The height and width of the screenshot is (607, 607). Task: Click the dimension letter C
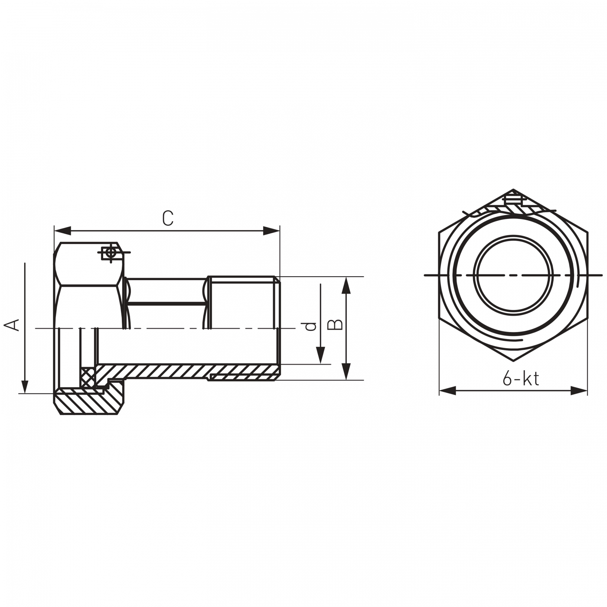coord(168,218)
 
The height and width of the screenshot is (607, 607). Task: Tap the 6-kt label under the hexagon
coord(521,379)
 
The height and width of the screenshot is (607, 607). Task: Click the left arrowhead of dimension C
coord(62,231)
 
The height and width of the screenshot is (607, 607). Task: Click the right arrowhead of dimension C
coord(271,231)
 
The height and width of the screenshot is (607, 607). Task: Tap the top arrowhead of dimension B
coord(346,285)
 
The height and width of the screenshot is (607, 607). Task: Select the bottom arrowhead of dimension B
coord(346,372)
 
